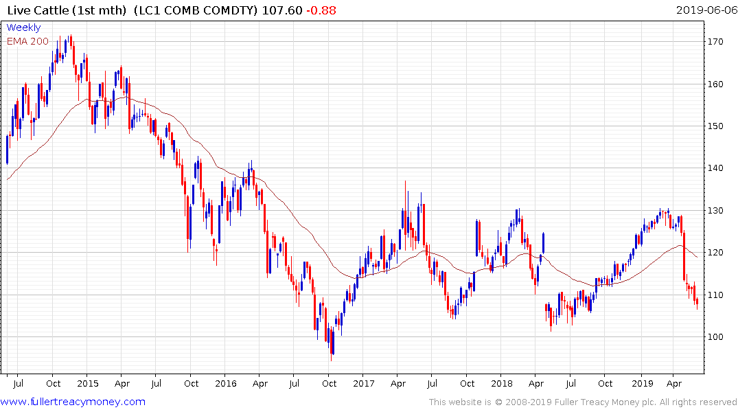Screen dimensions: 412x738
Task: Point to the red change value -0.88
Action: pyautogui.click(x=321, y=10)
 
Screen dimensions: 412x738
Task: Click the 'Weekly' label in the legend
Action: pyautogui.click(x=23, y=27)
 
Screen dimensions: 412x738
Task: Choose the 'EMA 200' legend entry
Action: pyautogui.click(x=27, y=41)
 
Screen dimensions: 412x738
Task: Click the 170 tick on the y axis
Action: pyautogui.click(x=717, y=42)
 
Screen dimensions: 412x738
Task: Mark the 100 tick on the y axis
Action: pyautogui.click(x=717, y=337)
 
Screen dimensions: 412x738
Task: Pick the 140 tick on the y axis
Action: pyautogui.click(x=717, y=168)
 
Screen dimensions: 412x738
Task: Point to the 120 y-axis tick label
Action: pyautogui.click(x=717, y=253)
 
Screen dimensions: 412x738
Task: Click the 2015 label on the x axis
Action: pyautogui.click(x=87, y=383)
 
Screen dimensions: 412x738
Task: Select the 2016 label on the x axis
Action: pyautogui.click(x=226, y=383)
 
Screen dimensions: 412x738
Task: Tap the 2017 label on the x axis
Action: pyautogui.click(x=363, y=383)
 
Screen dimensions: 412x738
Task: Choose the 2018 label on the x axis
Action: pyautogui.click(x=502, y=383)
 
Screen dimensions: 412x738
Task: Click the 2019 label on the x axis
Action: pyautogui.click(x=641, y=383)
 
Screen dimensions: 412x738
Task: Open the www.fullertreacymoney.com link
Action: pyautogui.click(x=73, y=402)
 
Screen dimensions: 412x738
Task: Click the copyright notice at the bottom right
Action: pyautogui.click(x=583, y=402)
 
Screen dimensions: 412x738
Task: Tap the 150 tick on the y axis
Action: pyautogui.click(x=717, y=126)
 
